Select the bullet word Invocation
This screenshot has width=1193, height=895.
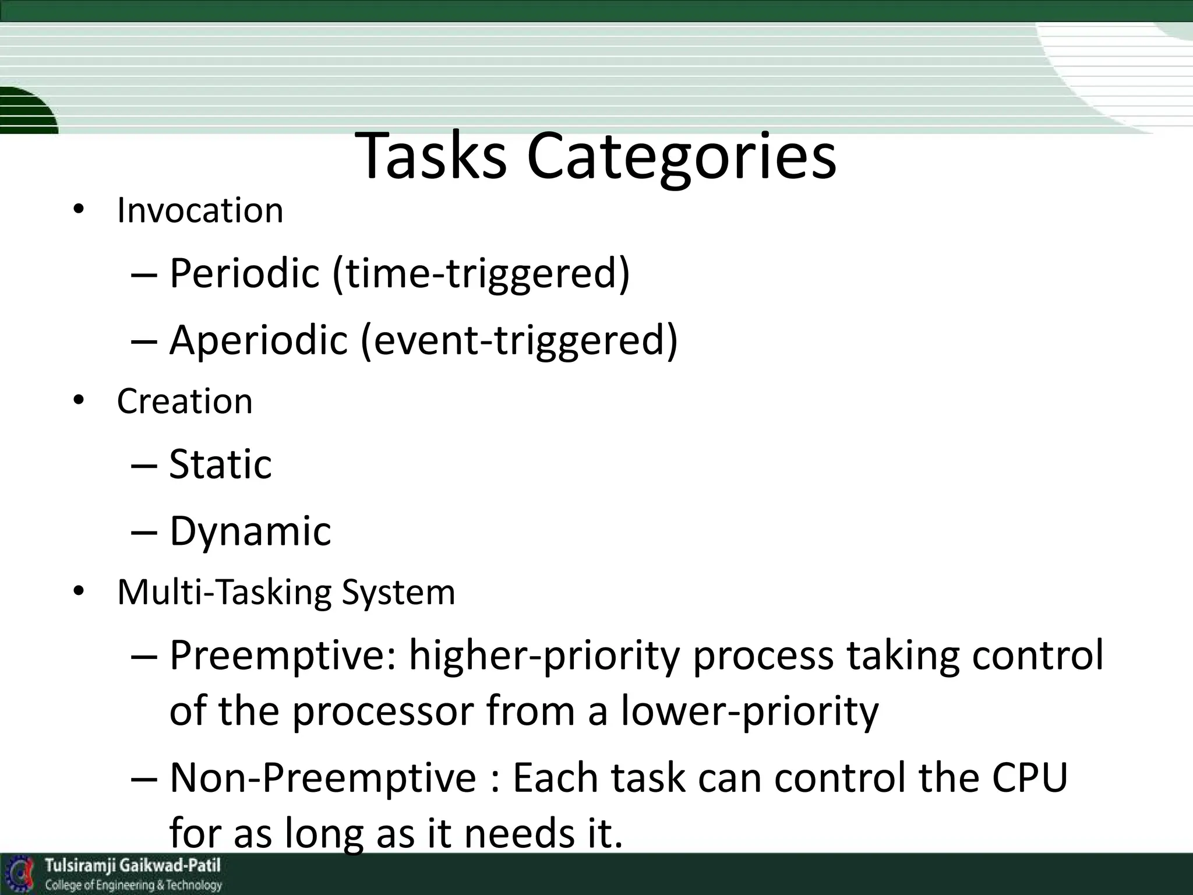tap(200, 210)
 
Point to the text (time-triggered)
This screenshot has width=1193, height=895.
tap(481, 273)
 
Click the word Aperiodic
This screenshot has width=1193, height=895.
tap(258, 339)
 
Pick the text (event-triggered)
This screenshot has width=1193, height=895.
tap(519, 339)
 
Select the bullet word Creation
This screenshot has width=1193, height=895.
tap(185, 401)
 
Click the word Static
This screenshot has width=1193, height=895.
tap(220, 464)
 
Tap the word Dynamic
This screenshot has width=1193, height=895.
tap(250, 531)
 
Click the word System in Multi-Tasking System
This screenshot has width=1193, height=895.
tap(398, 593)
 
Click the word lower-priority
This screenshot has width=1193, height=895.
tap(749, 712)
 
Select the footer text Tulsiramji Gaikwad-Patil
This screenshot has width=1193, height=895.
tap(133, 865)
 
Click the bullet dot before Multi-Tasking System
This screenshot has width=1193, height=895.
tap(79, 592)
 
